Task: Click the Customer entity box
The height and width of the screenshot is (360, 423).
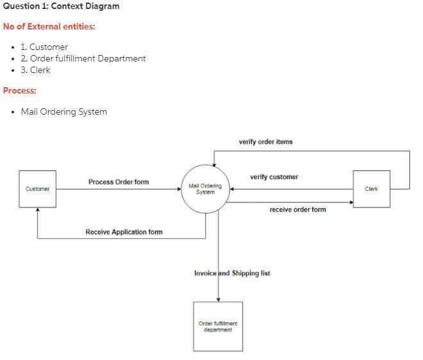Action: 37,189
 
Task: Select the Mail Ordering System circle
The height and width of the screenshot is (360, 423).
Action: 205,189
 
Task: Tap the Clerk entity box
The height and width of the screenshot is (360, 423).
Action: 371,189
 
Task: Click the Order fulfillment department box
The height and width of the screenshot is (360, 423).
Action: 218,327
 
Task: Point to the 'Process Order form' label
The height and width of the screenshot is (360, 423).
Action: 119,182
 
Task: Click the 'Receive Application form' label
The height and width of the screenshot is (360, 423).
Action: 124,232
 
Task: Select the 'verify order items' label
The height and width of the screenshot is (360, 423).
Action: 265,142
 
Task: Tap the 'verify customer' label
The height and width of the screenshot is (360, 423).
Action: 274,177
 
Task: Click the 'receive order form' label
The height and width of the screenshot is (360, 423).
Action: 297,209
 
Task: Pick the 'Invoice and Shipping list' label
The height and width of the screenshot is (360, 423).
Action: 232,273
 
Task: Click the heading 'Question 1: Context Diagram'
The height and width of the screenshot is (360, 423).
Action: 61,6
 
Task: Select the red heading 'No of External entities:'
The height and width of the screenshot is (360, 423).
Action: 49,27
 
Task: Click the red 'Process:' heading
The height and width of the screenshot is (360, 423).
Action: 20,90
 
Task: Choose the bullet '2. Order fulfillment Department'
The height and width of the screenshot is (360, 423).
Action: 83,58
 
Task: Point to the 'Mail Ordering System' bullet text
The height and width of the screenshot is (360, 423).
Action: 63,111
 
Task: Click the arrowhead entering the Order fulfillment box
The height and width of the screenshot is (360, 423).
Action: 219,299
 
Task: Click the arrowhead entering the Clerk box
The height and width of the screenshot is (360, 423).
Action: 351,202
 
